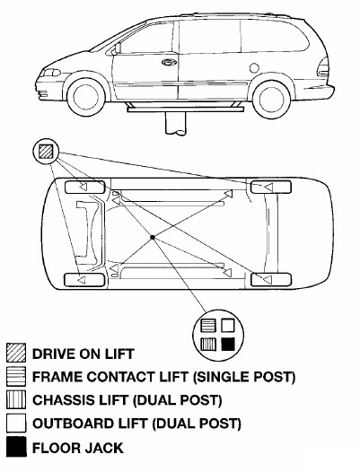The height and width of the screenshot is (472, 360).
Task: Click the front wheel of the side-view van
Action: (x=86, y=97)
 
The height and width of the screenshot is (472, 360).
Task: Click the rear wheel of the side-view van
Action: (x=272, y=99)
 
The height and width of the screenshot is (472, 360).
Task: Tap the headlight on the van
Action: (x=51, y=73)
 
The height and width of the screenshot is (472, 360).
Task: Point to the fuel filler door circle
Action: (x=255, y=68)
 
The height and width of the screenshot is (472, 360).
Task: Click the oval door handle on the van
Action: (x=170, y=62)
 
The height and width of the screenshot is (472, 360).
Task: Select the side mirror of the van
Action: (x=117, y=48)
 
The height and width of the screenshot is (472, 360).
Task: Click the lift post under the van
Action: (x=176, y=124)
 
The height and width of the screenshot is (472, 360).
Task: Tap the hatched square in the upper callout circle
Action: (x=46, y=152)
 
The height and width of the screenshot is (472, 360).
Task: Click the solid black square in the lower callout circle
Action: (x=228, y=344)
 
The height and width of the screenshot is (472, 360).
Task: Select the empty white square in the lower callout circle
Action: (x=228, y=326)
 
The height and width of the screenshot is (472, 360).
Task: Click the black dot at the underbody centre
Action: (x=153, y=238)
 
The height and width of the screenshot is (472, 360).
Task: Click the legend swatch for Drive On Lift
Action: (x=16, y=353)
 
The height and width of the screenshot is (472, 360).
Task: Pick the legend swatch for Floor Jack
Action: (x=16, y=447)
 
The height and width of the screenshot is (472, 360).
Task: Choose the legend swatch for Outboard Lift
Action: (x=16, y=423)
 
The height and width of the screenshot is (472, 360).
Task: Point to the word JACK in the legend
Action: (x=104, y=448)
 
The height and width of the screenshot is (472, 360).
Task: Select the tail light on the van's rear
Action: (x=323, y=67)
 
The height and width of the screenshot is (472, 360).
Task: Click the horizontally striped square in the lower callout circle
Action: (x=208, y=326)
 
